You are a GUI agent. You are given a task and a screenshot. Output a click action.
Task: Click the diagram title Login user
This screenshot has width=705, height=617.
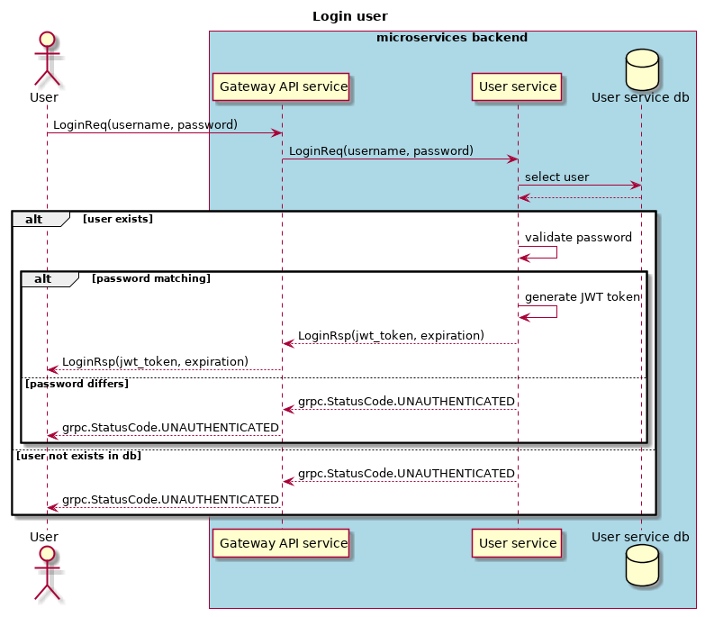(350, 16)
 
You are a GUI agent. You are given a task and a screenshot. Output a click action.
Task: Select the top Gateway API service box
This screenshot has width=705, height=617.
(284, 87)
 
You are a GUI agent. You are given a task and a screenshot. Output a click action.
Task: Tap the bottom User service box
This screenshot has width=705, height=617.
(517, 543)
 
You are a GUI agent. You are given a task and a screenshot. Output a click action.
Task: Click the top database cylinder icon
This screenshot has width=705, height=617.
(640, 75)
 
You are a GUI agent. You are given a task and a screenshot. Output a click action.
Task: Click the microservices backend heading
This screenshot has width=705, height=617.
(452, 38)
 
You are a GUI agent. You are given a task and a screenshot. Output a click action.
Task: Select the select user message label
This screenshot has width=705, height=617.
(557, 177)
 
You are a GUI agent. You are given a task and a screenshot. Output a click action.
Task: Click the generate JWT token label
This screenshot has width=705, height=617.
(582, 296)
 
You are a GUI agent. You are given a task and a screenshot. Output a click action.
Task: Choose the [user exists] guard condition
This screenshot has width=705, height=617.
(118, 219)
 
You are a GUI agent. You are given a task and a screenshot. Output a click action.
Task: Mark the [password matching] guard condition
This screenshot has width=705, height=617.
(151, 278)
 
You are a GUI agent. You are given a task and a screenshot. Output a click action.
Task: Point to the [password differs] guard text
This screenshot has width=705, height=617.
(77, 384)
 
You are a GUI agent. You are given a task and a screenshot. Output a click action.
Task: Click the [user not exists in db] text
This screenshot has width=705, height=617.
(79, 456)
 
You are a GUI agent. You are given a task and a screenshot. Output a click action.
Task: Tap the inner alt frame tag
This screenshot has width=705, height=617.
(43, 278)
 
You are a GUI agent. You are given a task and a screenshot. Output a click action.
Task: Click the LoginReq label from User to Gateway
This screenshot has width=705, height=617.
(145, 124)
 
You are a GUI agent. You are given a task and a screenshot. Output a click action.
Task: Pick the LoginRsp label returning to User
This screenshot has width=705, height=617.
(155, 361)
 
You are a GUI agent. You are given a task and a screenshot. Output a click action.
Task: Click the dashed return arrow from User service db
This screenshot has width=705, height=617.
(579, 197)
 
